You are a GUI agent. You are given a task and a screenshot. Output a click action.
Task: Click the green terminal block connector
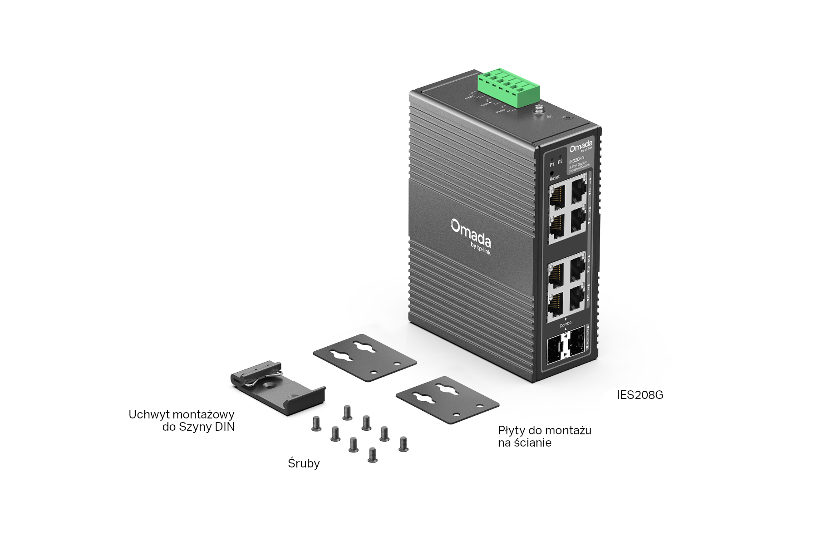point(509,86)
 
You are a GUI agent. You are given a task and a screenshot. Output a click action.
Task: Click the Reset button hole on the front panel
point(551,173)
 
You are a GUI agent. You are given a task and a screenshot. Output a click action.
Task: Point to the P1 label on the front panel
point(552,164)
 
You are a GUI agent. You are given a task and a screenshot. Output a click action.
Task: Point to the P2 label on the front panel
point(560,162)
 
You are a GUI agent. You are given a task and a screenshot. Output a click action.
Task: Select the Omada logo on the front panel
point(581,146)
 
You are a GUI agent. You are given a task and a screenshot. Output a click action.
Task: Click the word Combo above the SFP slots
point(566,325)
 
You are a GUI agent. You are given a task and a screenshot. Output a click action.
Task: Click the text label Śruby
point(304,463)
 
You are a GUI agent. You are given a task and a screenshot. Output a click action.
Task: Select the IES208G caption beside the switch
point(640,395)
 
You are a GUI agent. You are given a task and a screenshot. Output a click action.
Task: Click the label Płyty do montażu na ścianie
point(544,436)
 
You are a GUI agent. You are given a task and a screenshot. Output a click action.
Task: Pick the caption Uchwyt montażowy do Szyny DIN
point(182,420)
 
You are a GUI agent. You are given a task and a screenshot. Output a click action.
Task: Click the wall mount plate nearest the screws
point(447,400)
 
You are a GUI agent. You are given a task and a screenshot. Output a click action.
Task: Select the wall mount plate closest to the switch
point(365,357)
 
